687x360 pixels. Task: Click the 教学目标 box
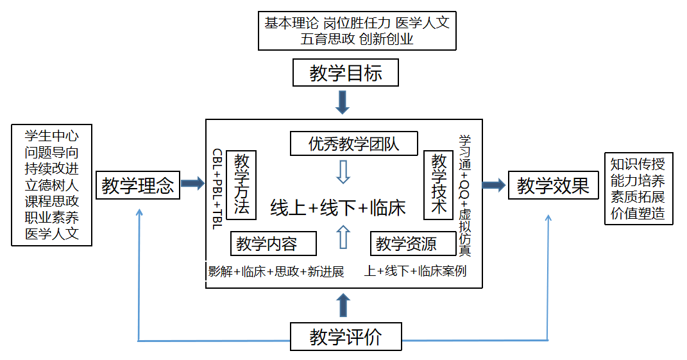[345, 73]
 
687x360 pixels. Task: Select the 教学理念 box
[138, 185]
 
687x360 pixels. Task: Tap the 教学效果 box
[553, 185]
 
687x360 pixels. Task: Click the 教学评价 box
[346, 337]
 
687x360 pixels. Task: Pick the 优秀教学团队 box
[353, 144]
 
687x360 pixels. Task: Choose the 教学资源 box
[406, 244]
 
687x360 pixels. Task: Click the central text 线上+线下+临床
[338, 208]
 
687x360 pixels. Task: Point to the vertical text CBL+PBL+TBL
[217, 189]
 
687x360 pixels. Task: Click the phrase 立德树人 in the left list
[52, 185]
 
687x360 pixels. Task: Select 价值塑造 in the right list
[638, 214]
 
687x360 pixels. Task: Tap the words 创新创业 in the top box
[386, 39]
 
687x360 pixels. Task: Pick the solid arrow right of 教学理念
[192, 185]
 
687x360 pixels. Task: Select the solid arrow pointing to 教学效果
[493, 185]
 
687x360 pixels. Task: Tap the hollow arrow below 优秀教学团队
[343, 171]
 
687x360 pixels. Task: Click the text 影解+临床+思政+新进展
[276, 271]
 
